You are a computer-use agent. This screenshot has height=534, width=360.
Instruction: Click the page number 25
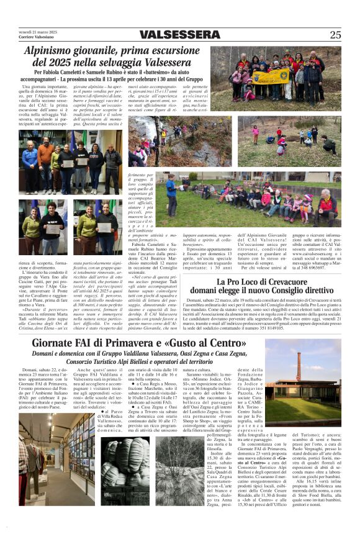click(x=335, y=35)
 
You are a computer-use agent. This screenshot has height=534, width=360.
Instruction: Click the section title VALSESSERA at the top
click(x=180, y=35)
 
